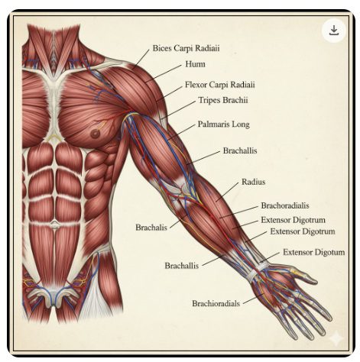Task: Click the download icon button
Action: [333, 31]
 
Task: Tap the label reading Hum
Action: [195, 64]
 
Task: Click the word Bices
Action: [162, 48]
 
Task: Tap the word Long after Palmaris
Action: [241, 124]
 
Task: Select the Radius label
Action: [253, 182]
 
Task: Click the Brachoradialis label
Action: [285, 205]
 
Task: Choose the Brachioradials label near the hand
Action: [216, 303]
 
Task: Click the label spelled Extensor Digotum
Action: [314, 252]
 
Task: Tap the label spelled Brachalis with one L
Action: [151, 227]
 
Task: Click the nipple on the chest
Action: [95, 133]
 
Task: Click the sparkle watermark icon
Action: [336, 338]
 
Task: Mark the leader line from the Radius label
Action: [227, 192]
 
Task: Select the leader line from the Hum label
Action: [164, 73]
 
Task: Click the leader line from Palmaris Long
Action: [181, 132]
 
